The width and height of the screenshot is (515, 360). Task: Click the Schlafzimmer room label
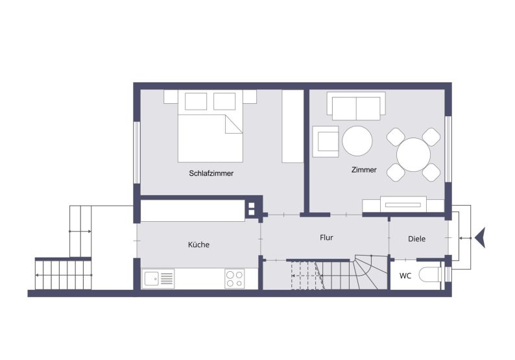click(211, 173)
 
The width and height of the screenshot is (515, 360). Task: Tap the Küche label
click(198, 245)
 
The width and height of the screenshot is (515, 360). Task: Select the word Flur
click(326, 237)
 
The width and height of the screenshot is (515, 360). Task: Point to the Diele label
click(416, 239)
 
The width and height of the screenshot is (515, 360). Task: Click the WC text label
click(405, 276)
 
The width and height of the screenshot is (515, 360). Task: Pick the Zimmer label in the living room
click(364, 170)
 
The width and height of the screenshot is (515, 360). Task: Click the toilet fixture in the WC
click(430, 274)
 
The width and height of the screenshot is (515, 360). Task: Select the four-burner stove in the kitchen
click(235, 278)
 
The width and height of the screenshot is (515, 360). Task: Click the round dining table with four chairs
click(414, 154)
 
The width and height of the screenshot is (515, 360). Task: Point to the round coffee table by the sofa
click(357, 141)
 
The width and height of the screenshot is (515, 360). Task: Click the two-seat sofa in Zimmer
click(356, 106)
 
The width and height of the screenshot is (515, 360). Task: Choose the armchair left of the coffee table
click(326, 141)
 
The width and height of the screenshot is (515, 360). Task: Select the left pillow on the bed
click(196, 101)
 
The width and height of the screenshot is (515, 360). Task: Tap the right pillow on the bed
click(224, 101)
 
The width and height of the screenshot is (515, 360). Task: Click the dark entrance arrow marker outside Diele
click(480, 238)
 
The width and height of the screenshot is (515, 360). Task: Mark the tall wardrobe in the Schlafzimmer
click(293, 126)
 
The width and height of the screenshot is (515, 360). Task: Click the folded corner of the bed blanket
click(234, 124)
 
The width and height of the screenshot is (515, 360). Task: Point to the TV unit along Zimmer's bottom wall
click(403, 204)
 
